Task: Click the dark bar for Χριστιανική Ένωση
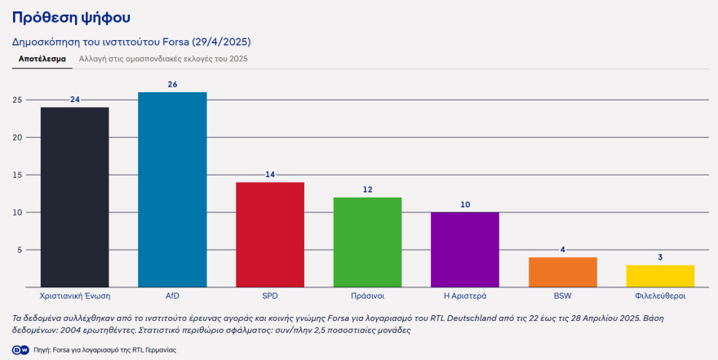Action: (x=74, y=197)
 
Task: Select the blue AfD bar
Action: (x=172, y=189)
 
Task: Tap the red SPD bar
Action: (x=270, y=234)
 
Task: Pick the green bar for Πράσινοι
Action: (x=367, y=242)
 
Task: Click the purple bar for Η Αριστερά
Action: (x=465, y=249)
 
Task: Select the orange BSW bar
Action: (x=562, y=272)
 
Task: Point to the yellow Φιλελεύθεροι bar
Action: (x=660, y=276)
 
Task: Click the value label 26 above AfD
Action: (x=172, y=85)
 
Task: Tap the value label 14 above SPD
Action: (x=270, y=175)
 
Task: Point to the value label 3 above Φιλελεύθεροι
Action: (x=660, y=257)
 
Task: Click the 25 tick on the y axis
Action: (x=17, y=100)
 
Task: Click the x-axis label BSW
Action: (x=562, y=296)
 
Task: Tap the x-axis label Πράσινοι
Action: (x=367, y=296)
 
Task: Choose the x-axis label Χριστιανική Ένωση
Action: (x=74, y=296)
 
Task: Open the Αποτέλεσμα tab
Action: (x=42, y=59)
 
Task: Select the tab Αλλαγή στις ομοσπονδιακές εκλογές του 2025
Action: (x=163, y=59)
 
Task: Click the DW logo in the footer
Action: (x=18, y=349)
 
